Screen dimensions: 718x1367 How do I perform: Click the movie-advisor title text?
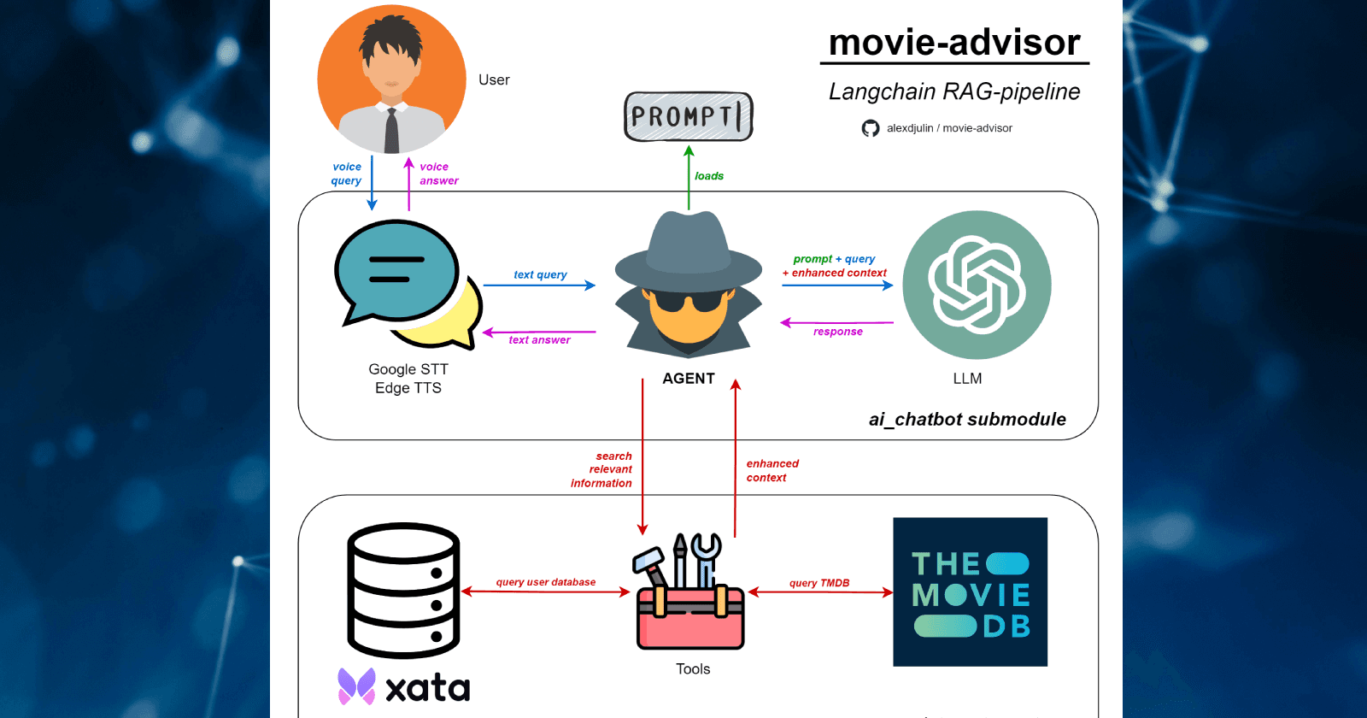coord(954,43)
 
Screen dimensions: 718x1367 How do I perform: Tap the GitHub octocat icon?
coord(870,128)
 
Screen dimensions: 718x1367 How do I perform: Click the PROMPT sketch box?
coord(689,116)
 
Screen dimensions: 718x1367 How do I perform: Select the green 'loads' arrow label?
coord(708,176)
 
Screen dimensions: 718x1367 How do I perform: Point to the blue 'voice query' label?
coord(347,174)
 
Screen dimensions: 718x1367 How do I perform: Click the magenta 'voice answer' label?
coord(438,174)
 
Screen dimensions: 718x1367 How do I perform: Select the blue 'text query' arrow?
coord(539,285)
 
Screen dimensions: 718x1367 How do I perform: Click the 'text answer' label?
coord(539,340)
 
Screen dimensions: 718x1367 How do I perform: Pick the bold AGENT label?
coord(689,379)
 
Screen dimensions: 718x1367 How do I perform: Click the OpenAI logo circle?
coord(977,285)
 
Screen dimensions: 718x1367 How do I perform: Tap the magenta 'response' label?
coord(837,332)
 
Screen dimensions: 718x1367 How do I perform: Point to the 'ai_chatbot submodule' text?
coord(967,420)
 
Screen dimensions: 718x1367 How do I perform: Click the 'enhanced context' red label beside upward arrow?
coord(772,471)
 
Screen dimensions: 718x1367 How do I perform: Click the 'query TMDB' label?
coord(819,583)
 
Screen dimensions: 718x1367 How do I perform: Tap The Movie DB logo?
coord(970,591)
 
